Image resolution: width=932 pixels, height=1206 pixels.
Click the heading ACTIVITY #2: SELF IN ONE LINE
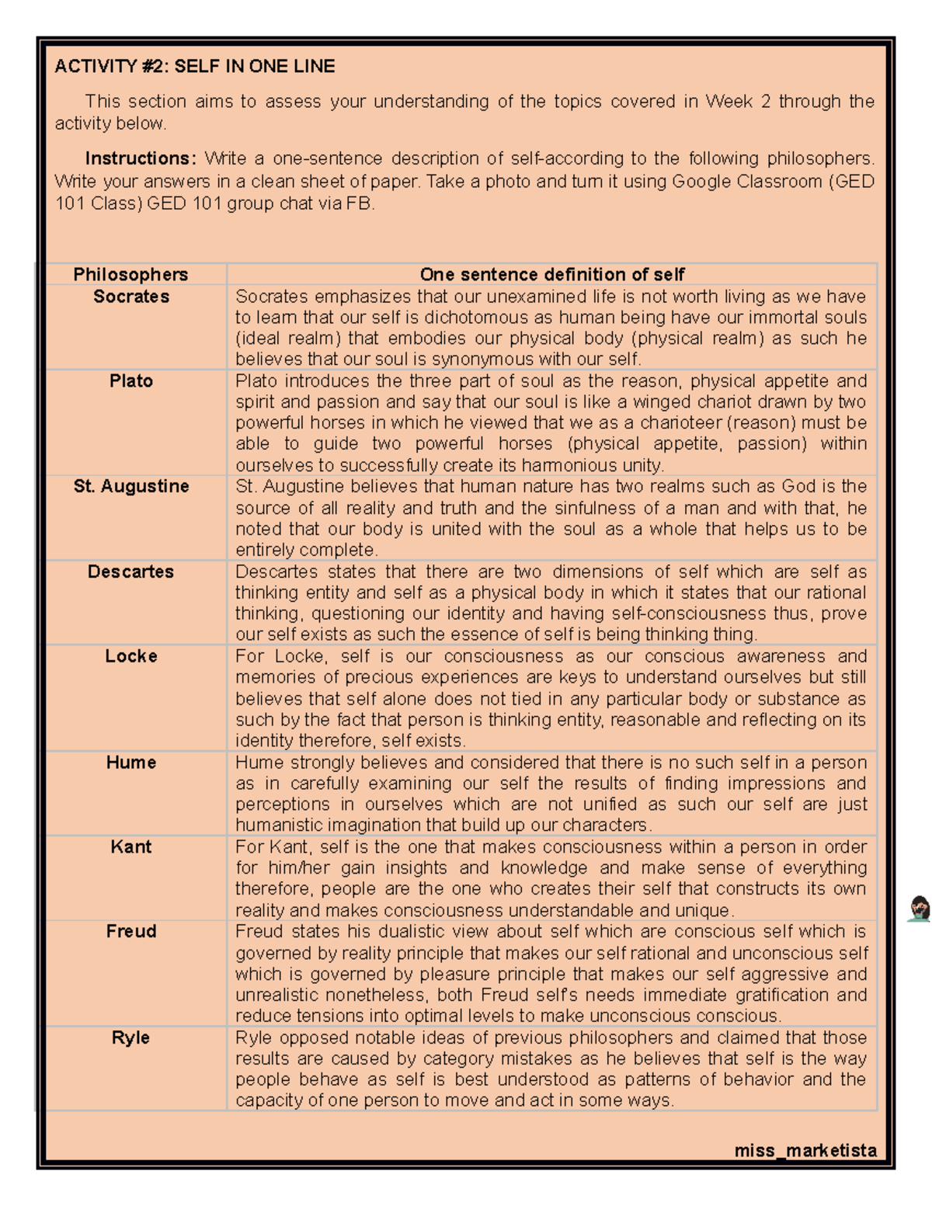[x=194, y=67]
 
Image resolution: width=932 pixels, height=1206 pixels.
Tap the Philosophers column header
[x=130, y=274]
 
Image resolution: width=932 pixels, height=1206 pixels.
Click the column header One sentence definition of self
[x=551, y=274]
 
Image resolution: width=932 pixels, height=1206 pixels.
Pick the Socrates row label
[x=131, y=297]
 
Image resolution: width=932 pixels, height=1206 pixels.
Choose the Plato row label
[x=131, y=381]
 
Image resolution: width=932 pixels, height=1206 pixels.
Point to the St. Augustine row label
[x=131, y=487]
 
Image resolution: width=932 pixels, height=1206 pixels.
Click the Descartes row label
[x=130, y=572]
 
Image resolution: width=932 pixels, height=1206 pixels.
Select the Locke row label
[x=131, y=656]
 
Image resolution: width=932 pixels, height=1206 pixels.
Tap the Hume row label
[x=131, y=763]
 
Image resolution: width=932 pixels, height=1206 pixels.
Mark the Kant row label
[x=131, y=847]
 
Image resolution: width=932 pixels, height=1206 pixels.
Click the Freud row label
[x=131, y=932]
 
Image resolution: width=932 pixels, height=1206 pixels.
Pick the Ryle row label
[x=130, y=1037]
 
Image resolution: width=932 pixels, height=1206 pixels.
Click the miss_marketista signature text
[x=805, y=1150]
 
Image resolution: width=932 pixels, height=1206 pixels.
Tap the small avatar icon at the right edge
[x=920, y=909]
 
